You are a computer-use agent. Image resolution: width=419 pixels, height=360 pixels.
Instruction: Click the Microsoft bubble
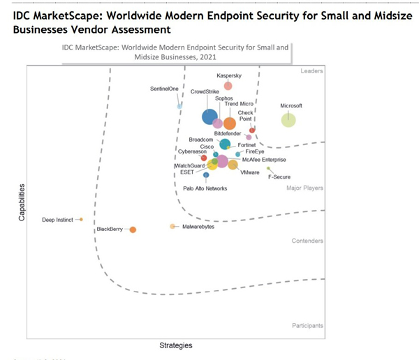[288, 120]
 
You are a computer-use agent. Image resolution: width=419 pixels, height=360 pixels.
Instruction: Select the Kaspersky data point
[228, 86]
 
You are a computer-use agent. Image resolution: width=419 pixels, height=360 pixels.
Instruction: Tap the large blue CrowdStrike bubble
[209, 117]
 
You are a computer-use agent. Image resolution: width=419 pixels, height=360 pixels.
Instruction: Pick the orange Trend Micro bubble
[229, 123]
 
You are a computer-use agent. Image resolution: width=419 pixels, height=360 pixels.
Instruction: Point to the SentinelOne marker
[179, 105]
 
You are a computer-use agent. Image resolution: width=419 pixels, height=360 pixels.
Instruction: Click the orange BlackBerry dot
[133, 230]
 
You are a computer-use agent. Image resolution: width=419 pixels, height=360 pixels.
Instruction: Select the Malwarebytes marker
[172, 226]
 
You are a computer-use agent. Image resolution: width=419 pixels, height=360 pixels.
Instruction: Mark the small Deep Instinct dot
[81, 219]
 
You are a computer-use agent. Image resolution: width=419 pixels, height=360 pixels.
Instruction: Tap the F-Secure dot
[269, 168]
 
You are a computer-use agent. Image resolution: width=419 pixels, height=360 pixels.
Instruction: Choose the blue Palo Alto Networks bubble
[205, 175]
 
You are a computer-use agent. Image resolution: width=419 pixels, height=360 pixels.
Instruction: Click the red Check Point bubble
[252, 130]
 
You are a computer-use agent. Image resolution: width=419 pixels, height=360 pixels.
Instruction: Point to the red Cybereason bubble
[204, 158]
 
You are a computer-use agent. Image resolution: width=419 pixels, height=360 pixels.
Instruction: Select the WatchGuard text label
[189, 165]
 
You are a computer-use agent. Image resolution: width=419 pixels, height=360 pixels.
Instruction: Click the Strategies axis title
[175, 345]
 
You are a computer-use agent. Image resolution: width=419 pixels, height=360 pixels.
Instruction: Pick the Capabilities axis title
[22, 202]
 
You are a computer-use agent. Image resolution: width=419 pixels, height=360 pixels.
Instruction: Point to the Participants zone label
[307, 325]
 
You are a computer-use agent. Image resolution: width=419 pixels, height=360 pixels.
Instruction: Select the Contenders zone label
[308, 241]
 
